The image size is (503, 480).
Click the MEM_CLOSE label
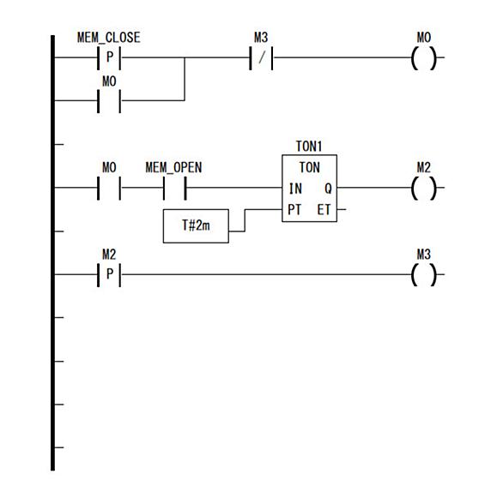click(109, 38)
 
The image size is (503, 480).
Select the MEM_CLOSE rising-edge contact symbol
click(109, 58)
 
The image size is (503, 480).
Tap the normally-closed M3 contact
click(262, 58)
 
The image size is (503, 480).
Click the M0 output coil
click(424, 58)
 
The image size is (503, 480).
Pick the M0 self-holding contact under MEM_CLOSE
click(109, 101)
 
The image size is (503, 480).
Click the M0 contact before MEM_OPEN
click(109, 188)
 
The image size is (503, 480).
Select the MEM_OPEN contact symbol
click(175, 188)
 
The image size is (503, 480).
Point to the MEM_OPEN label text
click(173, 168)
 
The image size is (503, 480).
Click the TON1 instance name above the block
click(309, 146)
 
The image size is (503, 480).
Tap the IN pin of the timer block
click(295, 189)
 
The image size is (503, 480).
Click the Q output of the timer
click(328, 189)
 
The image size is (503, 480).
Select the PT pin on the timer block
click(294, 210)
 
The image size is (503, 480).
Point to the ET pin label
click(324, 210)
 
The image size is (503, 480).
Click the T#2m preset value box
click(196, 226)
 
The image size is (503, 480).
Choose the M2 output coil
click(424, 188)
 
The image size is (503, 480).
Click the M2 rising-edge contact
click(109, 274)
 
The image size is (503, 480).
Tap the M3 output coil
click(424, 274)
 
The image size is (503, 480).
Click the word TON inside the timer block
click(309, 167)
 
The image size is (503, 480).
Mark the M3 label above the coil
click(423, 255)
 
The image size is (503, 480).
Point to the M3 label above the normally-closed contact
click(261, 38)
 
